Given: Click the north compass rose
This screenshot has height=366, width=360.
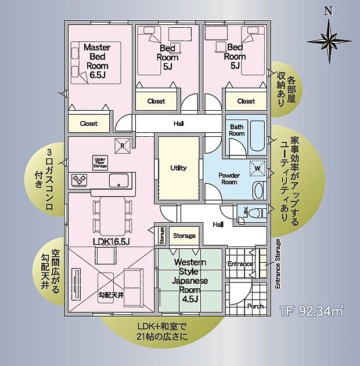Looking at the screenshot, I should click(329, 39).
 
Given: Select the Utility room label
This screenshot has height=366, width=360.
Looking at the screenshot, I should click(178, 168).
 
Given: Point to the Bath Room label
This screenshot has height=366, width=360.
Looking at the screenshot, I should click(237, 130).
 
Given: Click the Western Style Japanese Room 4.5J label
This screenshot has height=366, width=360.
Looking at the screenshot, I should click(190, 281).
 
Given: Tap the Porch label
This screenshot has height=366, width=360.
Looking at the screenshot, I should click(256, 306).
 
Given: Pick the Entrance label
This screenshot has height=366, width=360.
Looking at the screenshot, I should click(240, 264).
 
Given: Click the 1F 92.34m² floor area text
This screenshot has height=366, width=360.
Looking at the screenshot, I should click(311, 311).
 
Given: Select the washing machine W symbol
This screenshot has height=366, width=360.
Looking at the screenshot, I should click(256, 169).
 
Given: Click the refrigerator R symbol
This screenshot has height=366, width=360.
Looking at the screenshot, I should click(123, 146).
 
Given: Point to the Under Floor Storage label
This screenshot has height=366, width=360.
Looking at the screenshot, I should click(100, 162).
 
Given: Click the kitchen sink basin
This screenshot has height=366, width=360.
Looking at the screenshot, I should click(118, 180).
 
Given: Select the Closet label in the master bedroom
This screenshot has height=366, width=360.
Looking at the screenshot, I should click(89, 124).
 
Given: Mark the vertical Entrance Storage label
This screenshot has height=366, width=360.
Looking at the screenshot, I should click(277, 264).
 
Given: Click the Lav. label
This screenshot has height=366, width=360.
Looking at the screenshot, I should click(245, 213).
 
